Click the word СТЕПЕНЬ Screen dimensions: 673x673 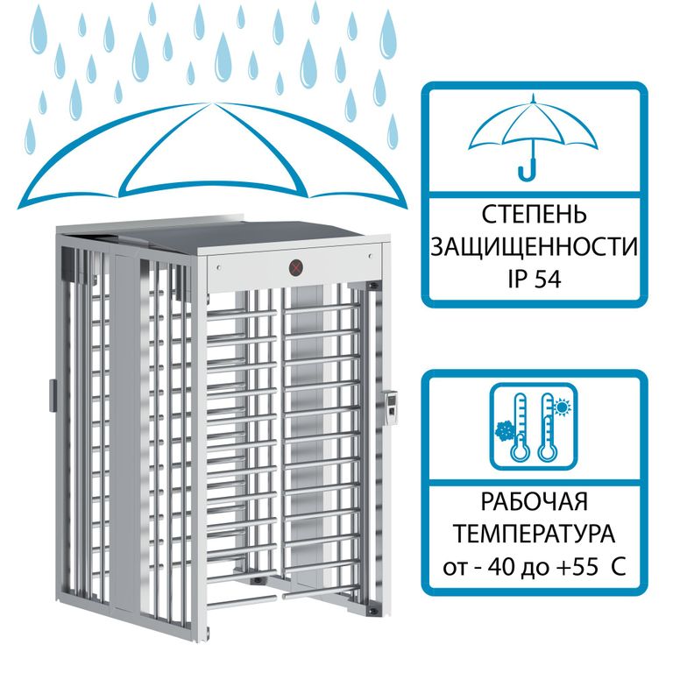pyautogui.click(x=534, y=214)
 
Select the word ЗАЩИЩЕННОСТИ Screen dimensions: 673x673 pyautogui.click(x=534, y=247)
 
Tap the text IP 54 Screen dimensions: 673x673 pyautogui.click(x=535, y=279)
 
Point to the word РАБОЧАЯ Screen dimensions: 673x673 pyautogui.click(x=534, y=501)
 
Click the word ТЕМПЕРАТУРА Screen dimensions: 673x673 pyautogui.click(x=534, y=534)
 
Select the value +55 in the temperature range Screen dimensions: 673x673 pyautogui.click(x=577, y=568)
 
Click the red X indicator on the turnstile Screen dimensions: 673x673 pyautogui.click(x=295, y=268)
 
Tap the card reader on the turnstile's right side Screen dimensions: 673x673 pyautogui.click(x=391, y=406)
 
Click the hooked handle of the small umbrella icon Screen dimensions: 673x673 pyautogui.click(x=528, y=170)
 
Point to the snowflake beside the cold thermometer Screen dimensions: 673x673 pyautogui.click(x=505, y=429)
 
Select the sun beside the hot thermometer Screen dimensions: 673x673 pyautogui.click(x=561, y=407)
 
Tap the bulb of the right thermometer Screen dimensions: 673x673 pyautogui.click(x=548, y=451)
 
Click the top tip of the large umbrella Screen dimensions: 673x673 pyautogui.click(x=210, y=103)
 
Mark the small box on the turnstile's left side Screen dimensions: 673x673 pyautogui.click(x=53, y=395)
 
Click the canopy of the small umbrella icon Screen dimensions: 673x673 pyautogui.click(x=533, y=123)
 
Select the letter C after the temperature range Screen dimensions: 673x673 pyautogui.click(x=618, y=568)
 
